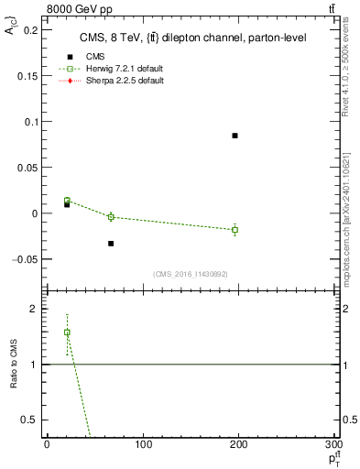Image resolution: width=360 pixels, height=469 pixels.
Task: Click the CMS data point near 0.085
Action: pyautogui.click(x=235, y=136)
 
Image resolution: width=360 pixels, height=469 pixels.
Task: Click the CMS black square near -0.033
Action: pyautogui.click(x=111, y=244)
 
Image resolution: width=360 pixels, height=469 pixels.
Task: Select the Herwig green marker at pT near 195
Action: pyautogui.click(x=235, y=229)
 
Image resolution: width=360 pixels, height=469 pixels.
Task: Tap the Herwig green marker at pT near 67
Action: pyautogui.click(x=111, y=217)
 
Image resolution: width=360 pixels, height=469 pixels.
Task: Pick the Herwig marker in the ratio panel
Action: pyautogui.click(x=67, y=333)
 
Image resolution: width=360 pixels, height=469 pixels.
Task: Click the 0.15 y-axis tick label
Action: pyautogui.click(x=27, y=75)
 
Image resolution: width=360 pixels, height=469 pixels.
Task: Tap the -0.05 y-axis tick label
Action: pyautogui.click(x=26, y=259)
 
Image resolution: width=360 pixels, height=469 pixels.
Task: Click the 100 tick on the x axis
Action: pyautogui.click(x=143, y=444)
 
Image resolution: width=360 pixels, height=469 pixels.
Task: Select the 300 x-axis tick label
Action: pyautogui.click(x=334, y=444)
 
